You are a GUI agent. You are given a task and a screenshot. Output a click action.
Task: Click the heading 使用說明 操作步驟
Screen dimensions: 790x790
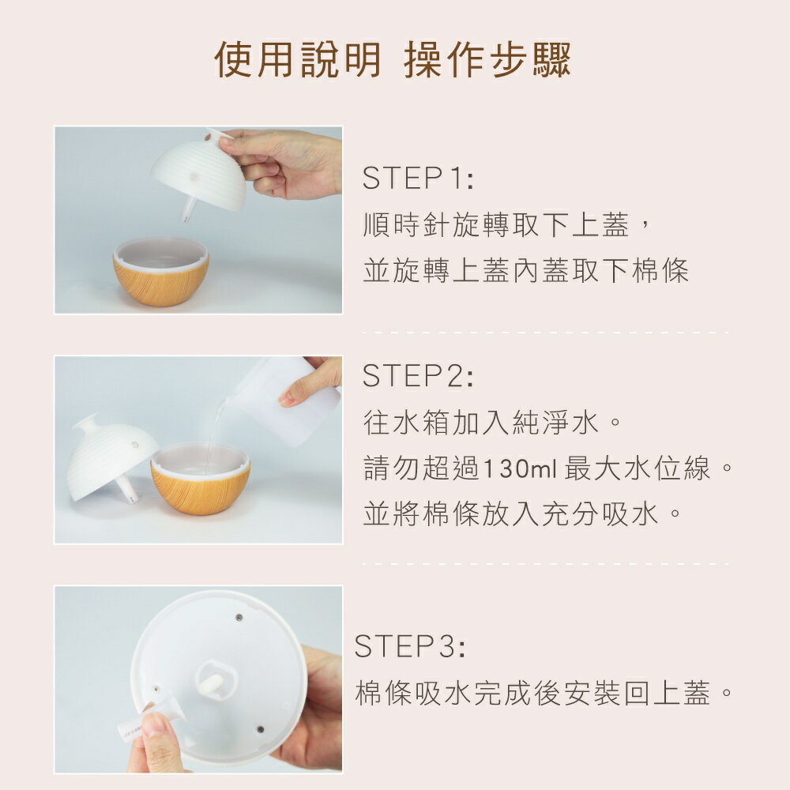point(393,60)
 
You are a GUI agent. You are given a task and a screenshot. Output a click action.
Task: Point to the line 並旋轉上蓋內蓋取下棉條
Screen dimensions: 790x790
point(525,270)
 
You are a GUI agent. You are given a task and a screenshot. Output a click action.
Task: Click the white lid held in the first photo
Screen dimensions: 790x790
point(198,172)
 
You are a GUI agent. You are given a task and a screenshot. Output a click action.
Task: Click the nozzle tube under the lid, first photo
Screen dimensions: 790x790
point(189,209)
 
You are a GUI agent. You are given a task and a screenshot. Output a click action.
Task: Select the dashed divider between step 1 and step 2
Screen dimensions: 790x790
point(545,332)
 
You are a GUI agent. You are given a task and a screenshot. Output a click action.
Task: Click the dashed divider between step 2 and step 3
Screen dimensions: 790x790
point(545,564)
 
